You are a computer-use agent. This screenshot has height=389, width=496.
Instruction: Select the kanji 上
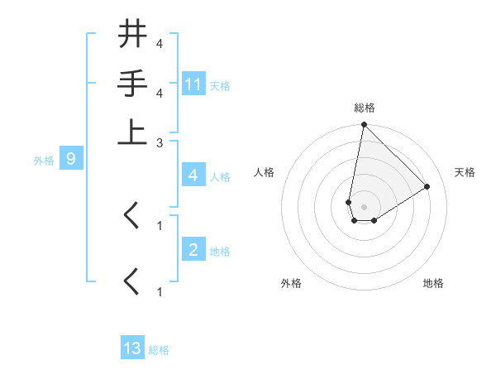coord(133,132)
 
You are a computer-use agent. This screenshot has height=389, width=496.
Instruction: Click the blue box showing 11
coord(193,84)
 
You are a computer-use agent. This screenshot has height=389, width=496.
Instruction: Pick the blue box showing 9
coord(71,160)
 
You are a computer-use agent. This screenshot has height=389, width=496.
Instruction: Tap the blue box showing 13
coord(132,348)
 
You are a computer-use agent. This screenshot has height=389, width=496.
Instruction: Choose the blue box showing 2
coord(193,250)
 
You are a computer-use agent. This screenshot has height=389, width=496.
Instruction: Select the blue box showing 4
coord(193,175)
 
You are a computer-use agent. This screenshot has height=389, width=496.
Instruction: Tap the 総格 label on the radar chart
coord(364,108)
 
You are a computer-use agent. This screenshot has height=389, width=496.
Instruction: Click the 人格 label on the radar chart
coord(264,172)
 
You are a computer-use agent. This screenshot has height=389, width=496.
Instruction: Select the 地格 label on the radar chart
coord(433,283)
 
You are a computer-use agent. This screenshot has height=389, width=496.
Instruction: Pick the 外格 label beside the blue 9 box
coord(43,161)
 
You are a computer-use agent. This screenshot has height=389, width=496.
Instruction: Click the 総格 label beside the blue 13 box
coord(159,349)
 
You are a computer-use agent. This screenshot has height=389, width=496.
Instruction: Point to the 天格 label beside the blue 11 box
coord(220,85)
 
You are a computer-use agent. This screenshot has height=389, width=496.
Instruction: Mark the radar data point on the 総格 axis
coord(364,125)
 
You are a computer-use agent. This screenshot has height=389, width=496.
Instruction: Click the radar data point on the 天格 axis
coord(427,186)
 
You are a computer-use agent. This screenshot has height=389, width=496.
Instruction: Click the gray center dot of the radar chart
coord(364,206)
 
